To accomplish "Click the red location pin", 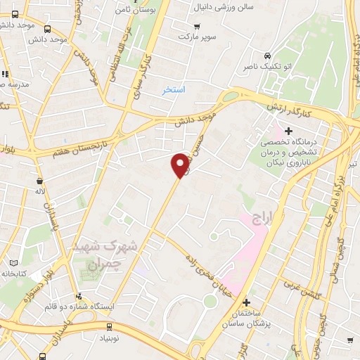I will pos(180,165).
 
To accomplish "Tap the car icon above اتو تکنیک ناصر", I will pos(266,56).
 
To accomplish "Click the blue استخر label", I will pos(173,90).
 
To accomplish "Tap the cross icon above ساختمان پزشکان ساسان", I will pos(245,302).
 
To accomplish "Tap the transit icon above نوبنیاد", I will pos(109,326).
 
